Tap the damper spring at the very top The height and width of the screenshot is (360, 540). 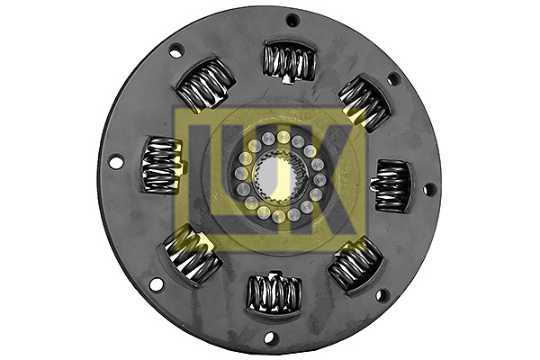point(289,61)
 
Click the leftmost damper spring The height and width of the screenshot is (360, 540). point(163,165)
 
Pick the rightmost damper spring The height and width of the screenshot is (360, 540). point(392,184)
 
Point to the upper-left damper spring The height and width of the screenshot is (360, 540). point(206,86)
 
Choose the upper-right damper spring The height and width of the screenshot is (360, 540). point(364,101)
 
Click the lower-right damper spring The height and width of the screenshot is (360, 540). point(355,265)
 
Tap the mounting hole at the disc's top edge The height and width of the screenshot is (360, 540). point(292,21)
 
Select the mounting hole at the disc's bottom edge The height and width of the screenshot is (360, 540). point(267,338)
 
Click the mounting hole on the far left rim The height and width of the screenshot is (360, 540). point(115,162)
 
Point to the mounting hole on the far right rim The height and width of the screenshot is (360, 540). point(429,189)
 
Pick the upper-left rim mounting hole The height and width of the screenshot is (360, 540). point(176,50)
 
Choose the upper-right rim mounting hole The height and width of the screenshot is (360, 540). point(393,79)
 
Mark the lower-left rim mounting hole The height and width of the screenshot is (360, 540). point(156,284)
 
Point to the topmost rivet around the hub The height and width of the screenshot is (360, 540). point(283,137)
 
